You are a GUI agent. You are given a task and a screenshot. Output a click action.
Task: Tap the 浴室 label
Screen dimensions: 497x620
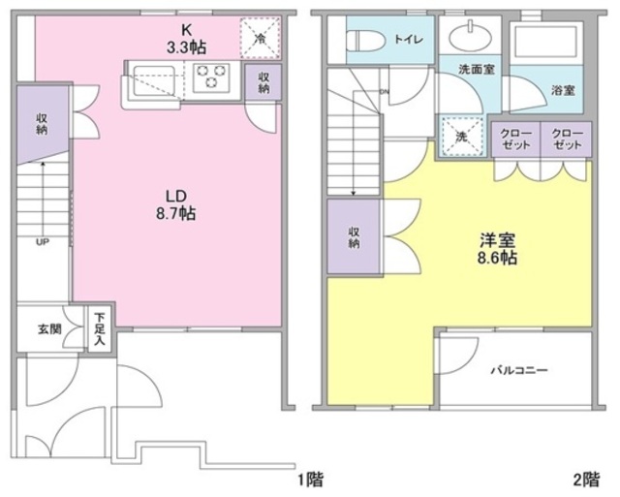tap(564, 90)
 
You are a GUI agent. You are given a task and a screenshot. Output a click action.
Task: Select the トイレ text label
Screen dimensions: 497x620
tap(408, 41)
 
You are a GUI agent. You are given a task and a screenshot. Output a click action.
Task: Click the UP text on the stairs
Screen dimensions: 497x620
tap(43, 242)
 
